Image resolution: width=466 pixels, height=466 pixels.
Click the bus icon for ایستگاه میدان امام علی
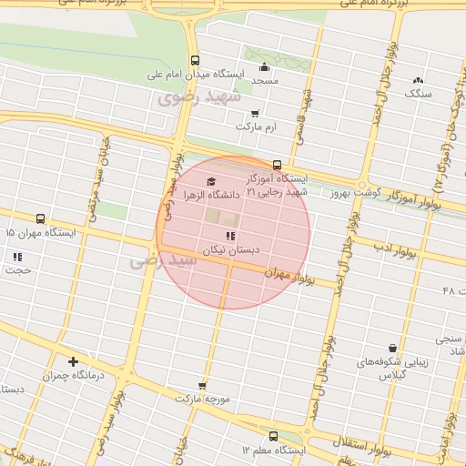[195, 61]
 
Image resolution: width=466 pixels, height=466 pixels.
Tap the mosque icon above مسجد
[265, 66]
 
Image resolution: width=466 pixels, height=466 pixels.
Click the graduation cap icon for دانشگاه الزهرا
[212, 180]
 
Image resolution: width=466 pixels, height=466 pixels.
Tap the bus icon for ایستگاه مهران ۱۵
[40, 219]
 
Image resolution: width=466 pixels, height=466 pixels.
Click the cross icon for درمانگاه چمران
[73, 361]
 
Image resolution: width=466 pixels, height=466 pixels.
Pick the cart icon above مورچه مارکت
[202, 386]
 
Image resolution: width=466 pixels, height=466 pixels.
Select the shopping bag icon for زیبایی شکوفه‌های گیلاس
[392, 348]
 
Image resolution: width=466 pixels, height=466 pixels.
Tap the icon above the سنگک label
[418, 80]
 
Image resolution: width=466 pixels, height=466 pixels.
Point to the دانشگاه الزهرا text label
[210, 194]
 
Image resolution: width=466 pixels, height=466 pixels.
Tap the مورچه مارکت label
[205, 400]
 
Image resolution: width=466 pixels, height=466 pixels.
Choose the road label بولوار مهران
[294, 277]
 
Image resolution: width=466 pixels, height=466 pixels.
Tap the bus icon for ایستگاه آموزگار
[277, 165]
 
